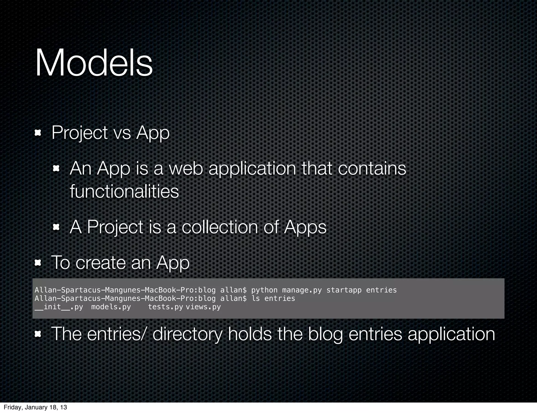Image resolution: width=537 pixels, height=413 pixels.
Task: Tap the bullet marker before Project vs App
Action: click(38, 133)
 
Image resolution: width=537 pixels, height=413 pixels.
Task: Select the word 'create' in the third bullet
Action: click(101, 263)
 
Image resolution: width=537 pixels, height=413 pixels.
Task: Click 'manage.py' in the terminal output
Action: click(302, 290)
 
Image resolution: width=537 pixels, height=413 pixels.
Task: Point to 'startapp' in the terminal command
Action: click(344, 290)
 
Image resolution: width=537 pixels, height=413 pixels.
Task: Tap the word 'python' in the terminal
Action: click(264, 290)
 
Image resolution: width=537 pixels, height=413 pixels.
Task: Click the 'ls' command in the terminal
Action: click(256, 298)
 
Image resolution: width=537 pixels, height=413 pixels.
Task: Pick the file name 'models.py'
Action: click(111, 307)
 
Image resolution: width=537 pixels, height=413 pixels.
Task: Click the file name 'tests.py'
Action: click(165, 307)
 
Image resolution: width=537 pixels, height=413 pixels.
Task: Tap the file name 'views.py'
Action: click(203, 307)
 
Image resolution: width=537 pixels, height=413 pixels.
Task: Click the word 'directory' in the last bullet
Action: click(187, 334)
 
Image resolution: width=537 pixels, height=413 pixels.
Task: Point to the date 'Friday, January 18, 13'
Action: click(35, 407)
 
